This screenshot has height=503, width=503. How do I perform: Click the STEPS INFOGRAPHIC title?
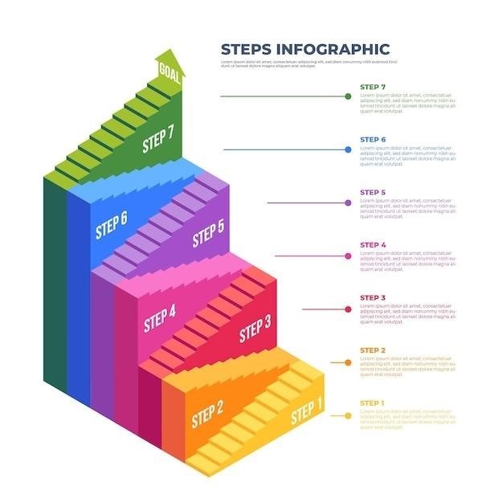coord(305,49)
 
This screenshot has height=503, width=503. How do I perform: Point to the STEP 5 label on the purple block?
coord(208,235)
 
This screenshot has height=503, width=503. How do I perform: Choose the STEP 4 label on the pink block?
coord(159,318)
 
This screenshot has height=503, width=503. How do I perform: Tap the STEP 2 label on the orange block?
coord(207,414)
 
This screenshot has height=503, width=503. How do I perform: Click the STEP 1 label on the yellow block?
coord(306,413)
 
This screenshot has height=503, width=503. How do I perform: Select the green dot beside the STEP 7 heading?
coord(348,96)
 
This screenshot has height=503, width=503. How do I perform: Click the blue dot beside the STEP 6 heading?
coord(348,149)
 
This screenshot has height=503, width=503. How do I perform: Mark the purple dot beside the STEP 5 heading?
coord(348,202)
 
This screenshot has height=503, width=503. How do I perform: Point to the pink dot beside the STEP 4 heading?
coord(348,256)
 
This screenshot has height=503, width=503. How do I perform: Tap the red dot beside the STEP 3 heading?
coord(348,309)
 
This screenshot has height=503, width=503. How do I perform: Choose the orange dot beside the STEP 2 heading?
coord(348,362)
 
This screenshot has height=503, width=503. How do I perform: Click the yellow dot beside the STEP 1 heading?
coord(348,415)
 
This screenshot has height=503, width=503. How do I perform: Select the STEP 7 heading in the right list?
coord(373,86)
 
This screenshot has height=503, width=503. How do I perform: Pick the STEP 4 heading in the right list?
coord(373,245)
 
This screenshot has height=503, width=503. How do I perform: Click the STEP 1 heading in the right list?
coord(373,403)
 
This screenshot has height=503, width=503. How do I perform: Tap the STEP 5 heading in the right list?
coord(373,192)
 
